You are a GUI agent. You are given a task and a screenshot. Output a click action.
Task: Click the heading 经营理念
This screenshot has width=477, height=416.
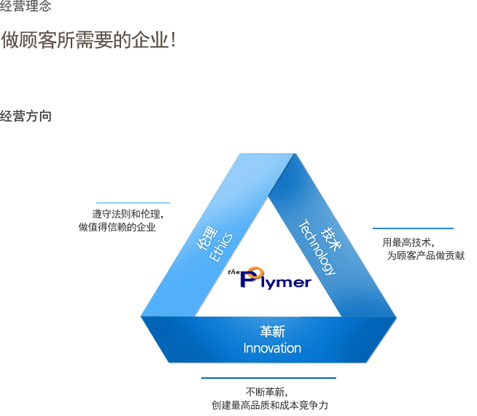[x=26, y=6]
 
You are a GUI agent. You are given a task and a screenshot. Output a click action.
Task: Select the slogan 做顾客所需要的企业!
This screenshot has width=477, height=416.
[x=88, y=40]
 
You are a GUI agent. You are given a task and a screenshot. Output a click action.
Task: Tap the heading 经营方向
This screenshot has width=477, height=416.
[x=26, y=116]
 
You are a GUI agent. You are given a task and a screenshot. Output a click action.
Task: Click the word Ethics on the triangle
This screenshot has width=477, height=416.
[x=221, y=247]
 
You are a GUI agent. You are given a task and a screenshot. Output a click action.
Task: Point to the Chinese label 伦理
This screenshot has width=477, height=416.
[x=207, y=238]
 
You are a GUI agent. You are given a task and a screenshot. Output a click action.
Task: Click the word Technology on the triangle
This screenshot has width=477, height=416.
[x=317, y=247]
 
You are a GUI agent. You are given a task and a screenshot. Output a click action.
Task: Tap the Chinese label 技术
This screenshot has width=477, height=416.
[x=331, y=239]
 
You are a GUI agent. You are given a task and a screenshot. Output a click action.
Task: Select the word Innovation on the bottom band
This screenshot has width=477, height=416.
[x=272, y=348]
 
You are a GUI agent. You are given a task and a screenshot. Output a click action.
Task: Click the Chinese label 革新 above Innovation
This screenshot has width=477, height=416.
[x=273, y=331]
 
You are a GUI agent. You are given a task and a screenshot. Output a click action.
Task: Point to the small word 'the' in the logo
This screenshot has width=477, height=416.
[x=233, y=271]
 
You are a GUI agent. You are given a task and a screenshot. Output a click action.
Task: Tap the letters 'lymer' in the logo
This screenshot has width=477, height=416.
[x=286, y=282]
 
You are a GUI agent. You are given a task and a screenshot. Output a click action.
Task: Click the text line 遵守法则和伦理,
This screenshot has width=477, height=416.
[x=128, y=214]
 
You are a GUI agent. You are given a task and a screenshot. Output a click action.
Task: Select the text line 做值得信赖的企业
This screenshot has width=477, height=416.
[x=117, y=227]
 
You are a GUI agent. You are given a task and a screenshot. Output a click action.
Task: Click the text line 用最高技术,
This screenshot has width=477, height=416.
[x=408, y=242]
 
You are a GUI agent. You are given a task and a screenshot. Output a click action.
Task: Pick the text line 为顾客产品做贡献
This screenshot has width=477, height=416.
[x=426, y=255]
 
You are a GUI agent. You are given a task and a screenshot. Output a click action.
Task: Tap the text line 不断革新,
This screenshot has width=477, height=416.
[x=267, y=392]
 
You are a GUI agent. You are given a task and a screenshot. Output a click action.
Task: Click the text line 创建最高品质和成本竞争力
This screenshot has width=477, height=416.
[x=270, y=405]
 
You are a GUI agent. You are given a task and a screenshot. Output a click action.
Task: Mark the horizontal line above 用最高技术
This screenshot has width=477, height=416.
[x=413, y=228]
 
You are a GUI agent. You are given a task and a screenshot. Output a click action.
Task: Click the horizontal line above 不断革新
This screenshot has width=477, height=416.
[x=268, y=378]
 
